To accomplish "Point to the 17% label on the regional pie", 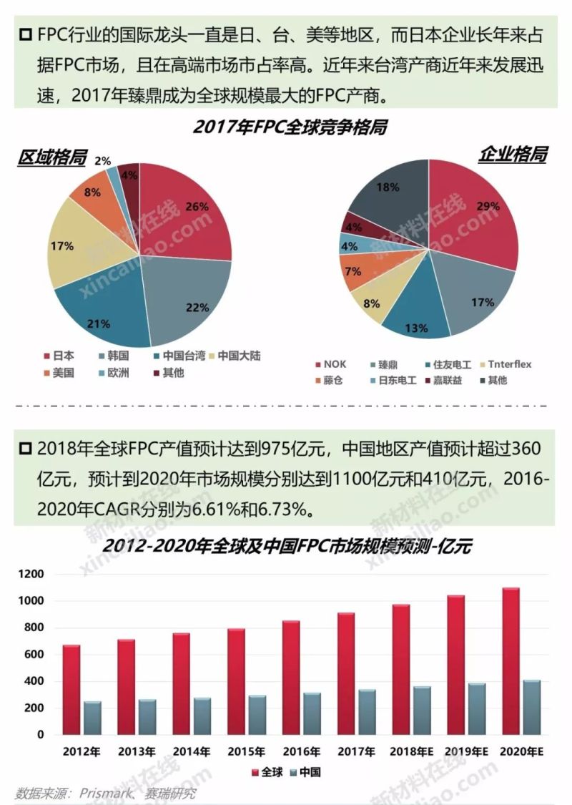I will click(62, 246).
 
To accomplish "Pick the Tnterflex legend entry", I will click(509, 364).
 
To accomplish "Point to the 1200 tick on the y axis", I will click(33, 575).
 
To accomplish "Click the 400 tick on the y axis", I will click(36, 681).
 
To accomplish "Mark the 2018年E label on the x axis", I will click(410, 751).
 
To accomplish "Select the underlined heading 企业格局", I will click(512, 154).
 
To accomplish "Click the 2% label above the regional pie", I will click(102, 162).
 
